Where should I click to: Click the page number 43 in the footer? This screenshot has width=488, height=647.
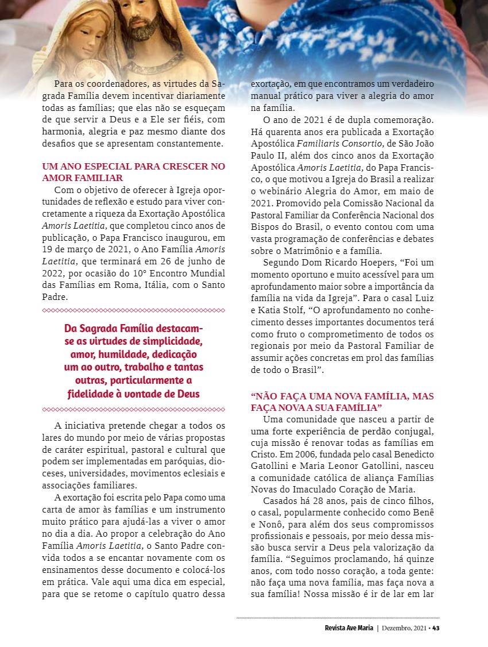[436, 627]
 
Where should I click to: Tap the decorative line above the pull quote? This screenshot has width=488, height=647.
[133, 310]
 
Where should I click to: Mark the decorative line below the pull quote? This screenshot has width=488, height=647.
[133, 410]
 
